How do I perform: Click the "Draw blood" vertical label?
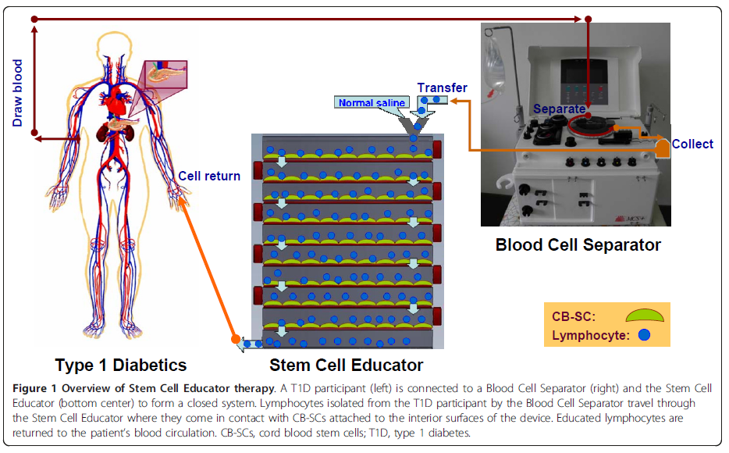[17, 91]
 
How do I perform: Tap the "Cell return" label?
[209, 176]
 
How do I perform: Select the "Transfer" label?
[442, 87]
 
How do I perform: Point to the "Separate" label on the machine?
[559, 109]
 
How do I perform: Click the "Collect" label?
[692, 144]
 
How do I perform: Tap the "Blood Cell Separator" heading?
[578, 244]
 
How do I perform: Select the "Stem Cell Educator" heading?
[347, 365]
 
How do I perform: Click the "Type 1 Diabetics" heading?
[121, 365]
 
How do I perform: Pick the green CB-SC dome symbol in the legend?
[645, 315]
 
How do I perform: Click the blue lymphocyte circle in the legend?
[644, 334]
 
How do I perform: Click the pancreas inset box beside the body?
[165, 72]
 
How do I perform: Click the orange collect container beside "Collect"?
[662, 148]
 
